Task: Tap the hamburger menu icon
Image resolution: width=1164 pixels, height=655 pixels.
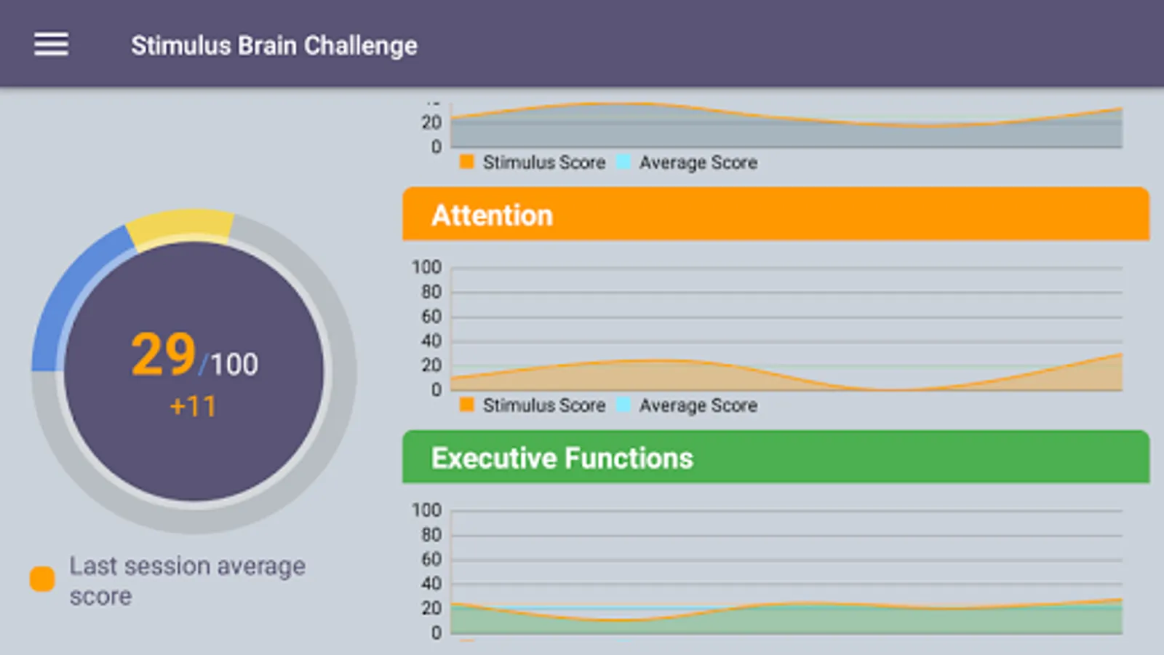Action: tap(51, 44)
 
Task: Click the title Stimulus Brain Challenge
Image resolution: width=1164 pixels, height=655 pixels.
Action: tap(274, 45)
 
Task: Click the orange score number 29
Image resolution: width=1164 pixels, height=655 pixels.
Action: tap(164, 355)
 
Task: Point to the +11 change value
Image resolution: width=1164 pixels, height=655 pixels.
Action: tap(193, 406)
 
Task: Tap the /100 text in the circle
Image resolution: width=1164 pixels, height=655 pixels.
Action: tap(230, 364)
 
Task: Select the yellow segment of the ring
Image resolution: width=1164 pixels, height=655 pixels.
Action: tap(180, 226)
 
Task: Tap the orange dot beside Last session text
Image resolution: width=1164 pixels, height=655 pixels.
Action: tap(42, 579)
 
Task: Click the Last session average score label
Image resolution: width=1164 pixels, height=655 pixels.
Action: tap(187, 581)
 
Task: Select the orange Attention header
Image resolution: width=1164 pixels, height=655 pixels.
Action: tap(776, 215)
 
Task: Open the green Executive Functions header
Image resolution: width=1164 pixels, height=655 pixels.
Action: tap(776, 457)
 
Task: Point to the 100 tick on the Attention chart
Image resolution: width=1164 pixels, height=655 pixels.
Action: tap(426, 268)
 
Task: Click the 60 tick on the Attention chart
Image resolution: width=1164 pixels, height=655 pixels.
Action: tap(431, 317)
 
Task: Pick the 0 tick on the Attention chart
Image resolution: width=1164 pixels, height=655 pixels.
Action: tap(436, 390)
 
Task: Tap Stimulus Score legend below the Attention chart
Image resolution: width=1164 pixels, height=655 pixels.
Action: tap(543, 405)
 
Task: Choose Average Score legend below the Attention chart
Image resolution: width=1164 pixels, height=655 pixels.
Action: tap(697, 405)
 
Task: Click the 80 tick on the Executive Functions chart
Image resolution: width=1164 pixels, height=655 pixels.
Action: tap(431, 535)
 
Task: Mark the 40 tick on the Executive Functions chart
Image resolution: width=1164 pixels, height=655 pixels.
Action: tap(431, 584)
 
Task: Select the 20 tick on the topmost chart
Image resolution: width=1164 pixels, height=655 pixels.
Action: tap(431, 122)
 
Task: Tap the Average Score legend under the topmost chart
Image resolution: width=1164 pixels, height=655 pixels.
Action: tap(697, 162)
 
